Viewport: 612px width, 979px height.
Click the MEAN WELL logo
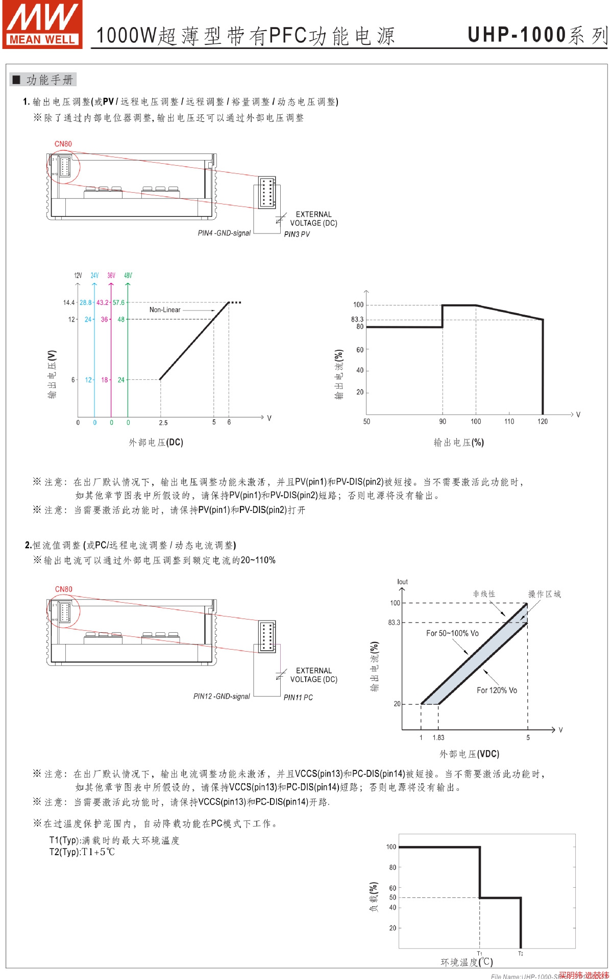pos(42,24)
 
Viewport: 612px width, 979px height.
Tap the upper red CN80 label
pos(63,144)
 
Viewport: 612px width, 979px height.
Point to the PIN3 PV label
pos(297,234)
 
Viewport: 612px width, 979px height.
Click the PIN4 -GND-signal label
pos(224,233)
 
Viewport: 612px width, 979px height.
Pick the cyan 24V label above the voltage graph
pos(94,275)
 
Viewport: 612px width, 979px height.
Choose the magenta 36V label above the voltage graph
pos(111,275)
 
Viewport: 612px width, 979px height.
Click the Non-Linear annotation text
pos(165,310)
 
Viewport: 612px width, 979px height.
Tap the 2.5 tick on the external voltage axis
pos(163,423)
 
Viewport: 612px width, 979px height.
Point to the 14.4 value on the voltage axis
pos(69,302)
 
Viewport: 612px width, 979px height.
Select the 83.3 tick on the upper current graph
pos(357,319)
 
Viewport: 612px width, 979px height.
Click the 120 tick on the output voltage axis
pos(543,421)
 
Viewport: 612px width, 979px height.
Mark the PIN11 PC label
pos(298,697)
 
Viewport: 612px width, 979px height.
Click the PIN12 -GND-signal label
pos(222,696)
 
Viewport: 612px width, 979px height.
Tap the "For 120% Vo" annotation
pos(497,690)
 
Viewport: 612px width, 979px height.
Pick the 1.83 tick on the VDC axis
pos(438,737)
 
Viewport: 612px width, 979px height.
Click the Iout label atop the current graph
pos(402,582)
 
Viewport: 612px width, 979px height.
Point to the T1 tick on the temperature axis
pos(479,953)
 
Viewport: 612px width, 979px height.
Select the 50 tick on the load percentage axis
pos(393,897)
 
